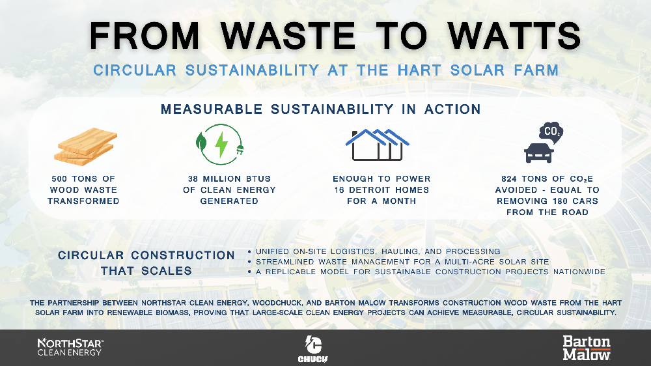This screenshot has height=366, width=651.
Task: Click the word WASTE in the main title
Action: coord(288,36)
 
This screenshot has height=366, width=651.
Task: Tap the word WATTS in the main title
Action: coord(514,36)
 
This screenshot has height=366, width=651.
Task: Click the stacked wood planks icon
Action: coord(85,146)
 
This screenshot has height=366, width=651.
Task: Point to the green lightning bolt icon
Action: coord(221,144)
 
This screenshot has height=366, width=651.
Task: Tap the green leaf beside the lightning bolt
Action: coord(201,142)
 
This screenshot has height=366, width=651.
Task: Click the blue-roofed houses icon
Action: coord(378,145)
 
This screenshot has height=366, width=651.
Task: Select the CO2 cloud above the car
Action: coord(551,132)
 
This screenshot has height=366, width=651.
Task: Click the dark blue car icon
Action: coord(539,152)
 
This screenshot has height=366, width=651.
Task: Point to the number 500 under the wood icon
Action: coord(59,179)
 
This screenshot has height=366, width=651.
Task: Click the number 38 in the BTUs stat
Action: coord(193,179)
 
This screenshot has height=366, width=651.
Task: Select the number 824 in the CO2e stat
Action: coord(509,179)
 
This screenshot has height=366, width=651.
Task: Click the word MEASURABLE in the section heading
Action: coord(212,109)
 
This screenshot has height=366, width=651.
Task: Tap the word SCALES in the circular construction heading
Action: coord(167,271)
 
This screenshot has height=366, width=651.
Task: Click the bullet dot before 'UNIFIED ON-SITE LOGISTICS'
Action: coord(249,252)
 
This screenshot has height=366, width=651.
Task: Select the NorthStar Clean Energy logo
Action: coord(70,347)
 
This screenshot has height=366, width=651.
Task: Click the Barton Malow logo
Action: coord(587,348)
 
